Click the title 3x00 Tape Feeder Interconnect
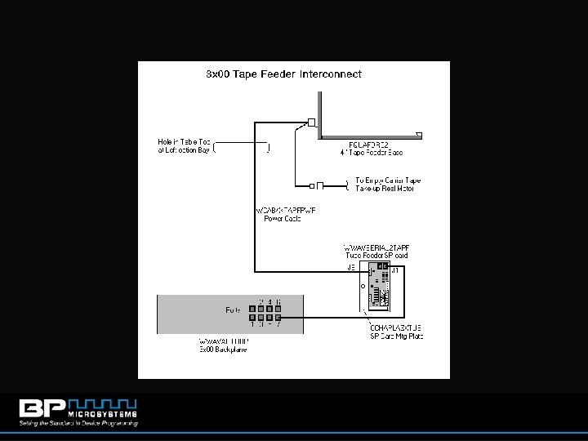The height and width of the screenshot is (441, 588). point(283,73)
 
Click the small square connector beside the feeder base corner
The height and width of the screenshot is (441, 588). point(311,123)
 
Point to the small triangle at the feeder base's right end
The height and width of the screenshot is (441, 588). point(419,133)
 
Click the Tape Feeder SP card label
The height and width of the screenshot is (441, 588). point(376,251)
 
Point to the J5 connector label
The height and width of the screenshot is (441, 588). point(350,267)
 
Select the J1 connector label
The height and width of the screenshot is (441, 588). point(396,269)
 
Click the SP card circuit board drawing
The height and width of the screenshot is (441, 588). point(380,288)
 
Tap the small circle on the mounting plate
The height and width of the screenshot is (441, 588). point(362,287)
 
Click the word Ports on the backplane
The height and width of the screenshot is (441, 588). point(233,310)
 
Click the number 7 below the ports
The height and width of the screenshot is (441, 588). point(278,326)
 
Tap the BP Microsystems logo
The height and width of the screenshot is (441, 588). point(78,412)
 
